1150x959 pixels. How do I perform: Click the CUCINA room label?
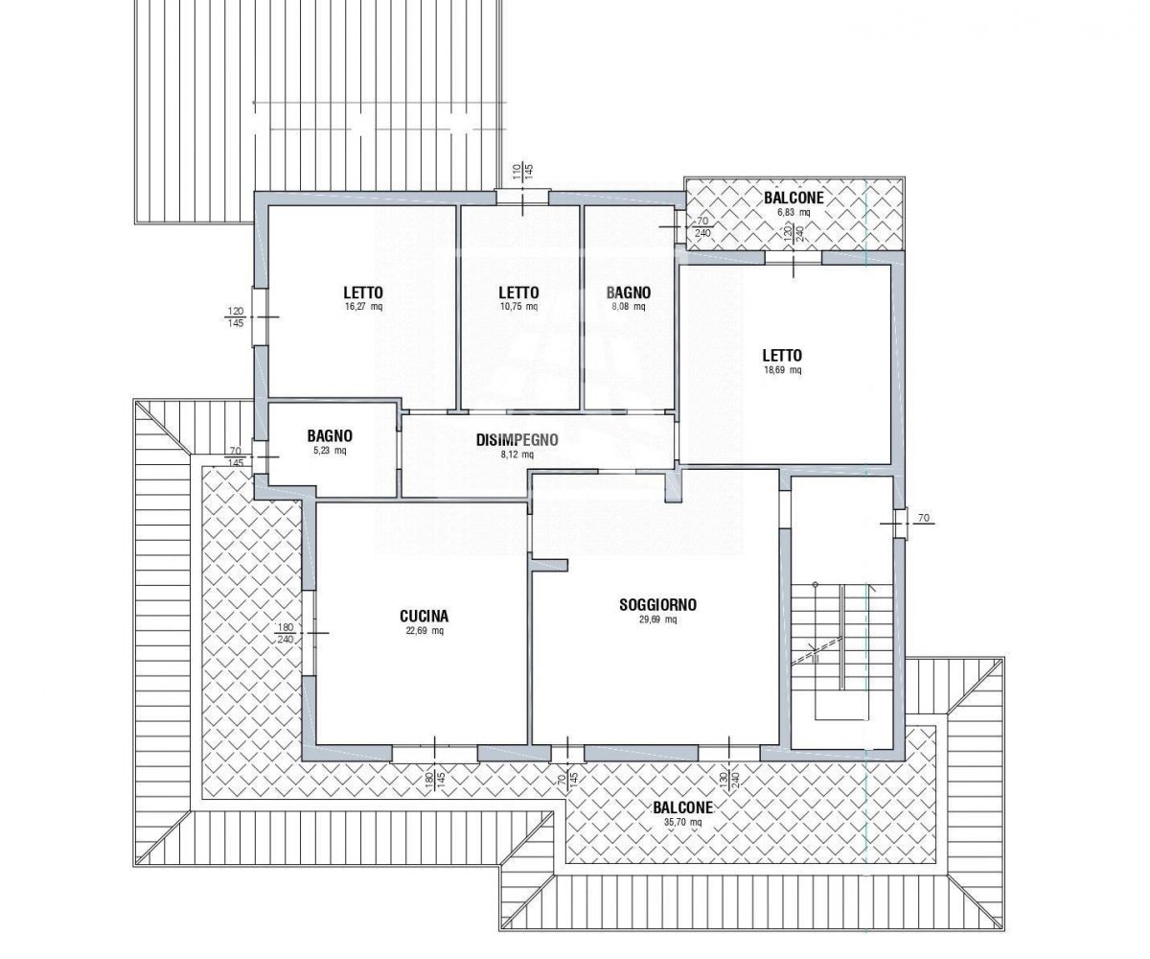tap(424, 616)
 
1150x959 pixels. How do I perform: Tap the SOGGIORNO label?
tap(657, 604)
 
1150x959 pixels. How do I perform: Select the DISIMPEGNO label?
tap(517, 440)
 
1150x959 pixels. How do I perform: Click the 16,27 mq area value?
tap(363, 307)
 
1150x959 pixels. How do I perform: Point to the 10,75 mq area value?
tap(518, 307)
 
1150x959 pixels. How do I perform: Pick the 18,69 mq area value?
tap(782, 370)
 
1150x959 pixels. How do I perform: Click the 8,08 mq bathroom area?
tap(629, 307)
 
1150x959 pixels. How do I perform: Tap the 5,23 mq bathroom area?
tap(330, 451)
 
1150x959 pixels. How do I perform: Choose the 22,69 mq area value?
tap(425, 630)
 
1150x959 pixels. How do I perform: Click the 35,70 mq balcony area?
tap(683, 822)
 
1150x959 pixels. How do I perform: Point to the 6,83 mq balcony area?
tap(793, 212)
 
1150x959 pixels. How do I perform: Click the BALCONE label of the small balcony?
tap(793, 198)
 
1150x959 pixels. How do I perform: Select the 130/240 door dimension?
tap(728, 781)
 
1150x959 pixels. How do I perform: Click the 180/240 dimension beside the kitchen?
tap(286, 633)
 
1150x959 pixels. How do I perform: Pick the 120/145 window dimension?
tap(235, 316)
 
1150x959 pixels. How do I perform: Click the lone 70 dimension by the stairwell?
tap(924, 518)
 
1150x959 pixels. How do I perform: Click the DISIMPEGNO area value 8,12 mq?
tap(517, 455)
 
